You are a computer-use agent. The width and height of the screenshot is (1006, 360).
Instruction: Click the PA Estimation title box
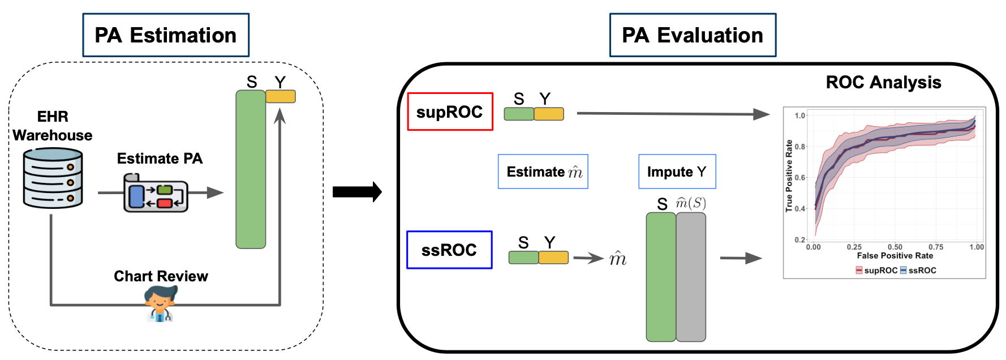point(166,35)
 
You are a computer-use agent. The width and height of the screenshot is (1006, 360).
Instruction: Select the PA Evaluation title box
point(693,35)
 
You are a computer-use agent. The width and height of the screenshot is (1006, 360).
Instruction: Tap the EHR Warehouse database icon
point(53,178)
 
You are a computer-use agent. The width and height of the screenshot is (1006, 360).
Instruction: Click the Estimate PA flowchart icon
point(156,193)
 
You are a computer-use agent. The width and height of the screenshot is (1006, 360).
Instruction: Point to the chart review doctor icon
point(160,304)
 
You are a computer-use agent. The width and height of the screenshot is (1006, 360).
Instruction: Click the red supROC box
point(450,112)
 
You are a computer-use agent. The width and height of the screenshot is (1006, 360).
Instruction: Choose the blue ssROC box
point(449,250)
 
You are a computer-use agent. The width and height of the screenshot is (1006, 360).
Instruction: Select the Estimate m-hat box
point(543,172)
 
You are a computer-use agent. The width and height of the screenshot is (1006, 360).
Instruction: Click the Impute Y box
point(677,172)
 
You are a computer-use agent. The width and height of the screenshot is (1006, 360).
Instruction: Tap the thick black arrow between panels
point(357,192)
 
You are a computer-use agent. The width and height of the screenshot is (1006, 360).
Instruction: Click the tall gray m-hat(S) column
point(691,277)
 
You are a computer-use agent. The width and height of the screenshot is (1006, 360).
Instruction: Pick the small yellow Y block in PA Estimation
point(281,97)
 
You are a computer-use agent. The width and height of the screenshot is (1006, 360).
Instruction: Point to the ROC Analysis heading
point(883,83)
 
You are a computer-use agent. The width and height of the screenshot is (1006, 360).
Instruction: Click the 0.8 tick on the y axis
point(800,147)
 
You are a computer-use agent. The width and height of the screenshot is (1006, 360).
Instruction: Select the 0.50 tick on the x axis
point(895,247)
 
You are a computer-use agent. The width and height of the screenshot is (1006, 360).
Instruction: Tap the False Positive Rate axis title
point(895,256)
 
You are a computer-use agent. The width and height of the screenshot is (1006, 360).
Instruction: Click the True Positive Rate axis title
point(789,176)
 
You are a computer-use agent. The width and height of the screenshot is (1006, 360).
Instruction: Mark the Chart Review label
point(161,276)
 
